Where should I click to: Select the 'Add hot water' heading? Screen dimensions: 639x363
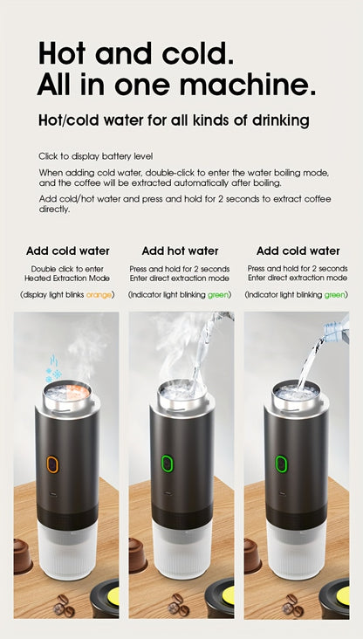180,251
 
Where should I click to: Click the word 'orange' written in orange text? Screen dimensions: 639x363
99,295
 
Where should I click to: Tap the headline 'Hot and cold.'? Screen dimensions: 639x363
135,53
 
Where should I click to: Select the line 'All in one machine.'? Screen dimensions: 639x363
175,86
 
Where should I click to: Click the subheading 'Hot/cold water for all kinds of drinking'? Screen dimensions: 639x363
173,120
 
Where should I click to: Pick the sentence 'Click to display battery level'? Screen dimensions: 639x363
95,156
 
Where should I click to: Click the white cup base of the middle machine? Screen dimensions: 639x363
181,550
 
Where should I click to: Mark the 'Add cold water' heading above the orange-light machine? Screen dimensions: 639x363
67,251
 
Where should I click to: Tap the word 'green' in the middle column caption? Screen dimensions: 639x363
218,295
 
